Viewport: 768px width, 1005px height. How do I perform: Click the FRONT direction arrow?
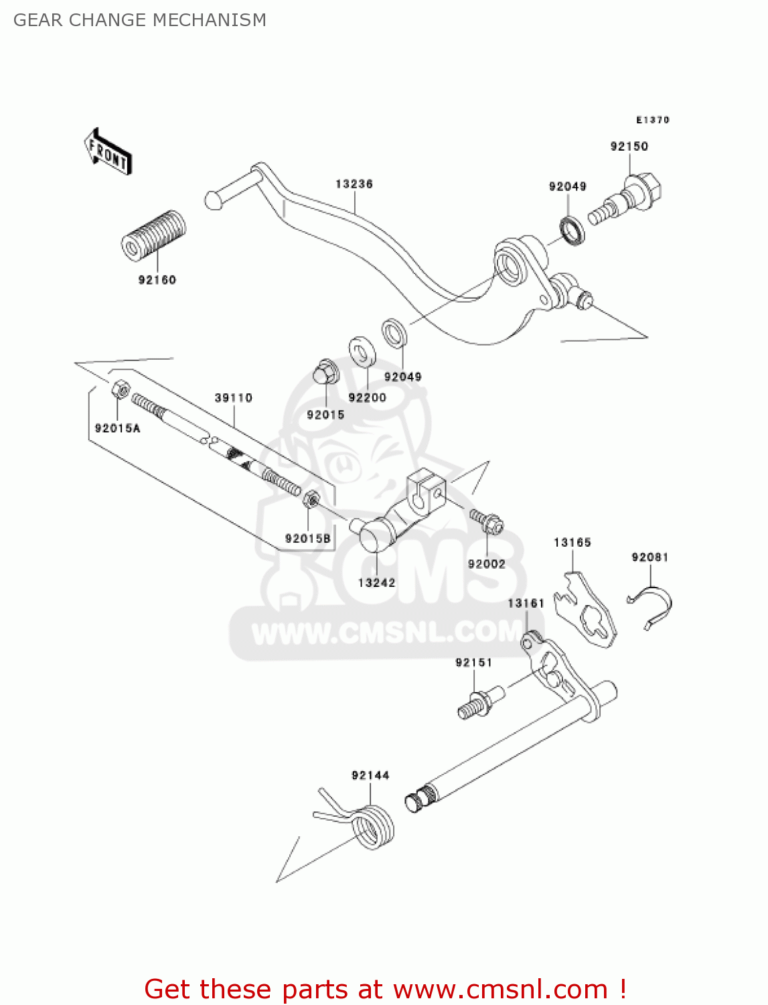click(x=108, y=151)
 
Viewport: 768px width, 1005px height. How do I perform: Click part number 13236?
click(x=354, y=184)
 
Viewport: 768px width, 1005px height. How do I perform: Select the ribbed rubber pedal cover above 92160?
click(x=154, y=236)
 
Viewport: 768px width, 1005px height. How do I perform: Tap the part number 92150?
click(x=629, y=147)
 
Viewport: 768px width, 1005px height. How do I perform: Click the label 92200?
click(x=368, y=397)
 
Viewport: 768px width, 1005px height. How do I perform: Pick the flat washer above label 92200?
click(x=362, y=352)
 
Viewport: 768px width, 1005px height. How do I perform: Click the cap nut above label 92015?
click(x=325, y=372)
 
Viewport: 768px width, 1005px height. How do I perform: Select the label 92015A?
click(x=118, y=428)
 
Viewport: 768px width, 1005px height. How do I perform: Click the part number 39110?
click(x=233, y=398)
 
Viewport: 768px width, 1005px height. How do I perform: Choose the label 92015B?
click(x=308, y=539)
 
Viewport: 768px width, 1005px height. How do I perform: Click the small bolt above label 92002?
click(x=486, y=521)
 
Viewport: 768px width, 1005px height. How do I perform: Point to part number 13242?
click(x=376, y=582)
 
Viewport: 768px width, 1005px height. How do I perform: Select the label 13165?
click(x=572, y=543)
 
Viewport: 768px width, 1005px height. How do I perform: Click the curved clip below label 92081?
click(x=649, y=608)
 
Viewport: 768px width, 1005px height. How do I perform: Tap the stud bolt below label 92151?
click(x=481, y=702)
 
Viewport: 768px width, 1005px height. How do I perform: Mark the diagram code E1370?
click(x=653, y=120)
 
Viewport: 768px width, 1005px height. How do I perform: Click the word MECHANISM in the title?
click(x=210, y=20)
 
